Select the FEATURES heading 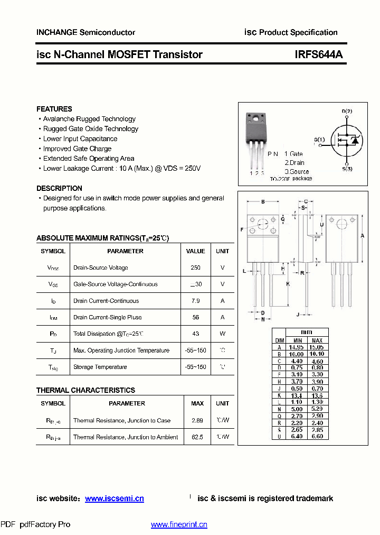(x=54, y=109)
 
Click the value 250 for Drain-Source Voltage (x=195, y=267)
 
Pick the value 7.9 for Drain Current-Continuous (x=195, y=301)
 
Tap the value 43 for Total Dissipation (x=195, y=334)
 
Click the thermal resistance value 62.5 (x=197, y=437)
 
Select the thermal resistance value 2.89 (x=197, y=420)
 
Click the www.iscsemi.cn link (x=114, y=499)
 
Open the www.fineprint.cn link (x=179, y=524)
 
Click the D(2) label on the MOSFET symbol (x=346, y=111)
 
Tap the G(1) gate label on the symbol (x=319, y=140)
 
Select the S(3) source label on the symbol (x=346, y=169)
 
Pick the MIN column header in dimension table (x=298, y=340)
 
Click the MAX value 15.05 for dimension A (x=317, y=347)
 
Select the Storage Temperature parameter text (x=100, y=367)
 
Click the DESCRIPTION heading (x=59, y=188)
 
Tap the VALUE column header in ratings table (x=195, y=251)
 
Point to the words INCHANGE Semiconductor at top (x=85, y=32)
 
